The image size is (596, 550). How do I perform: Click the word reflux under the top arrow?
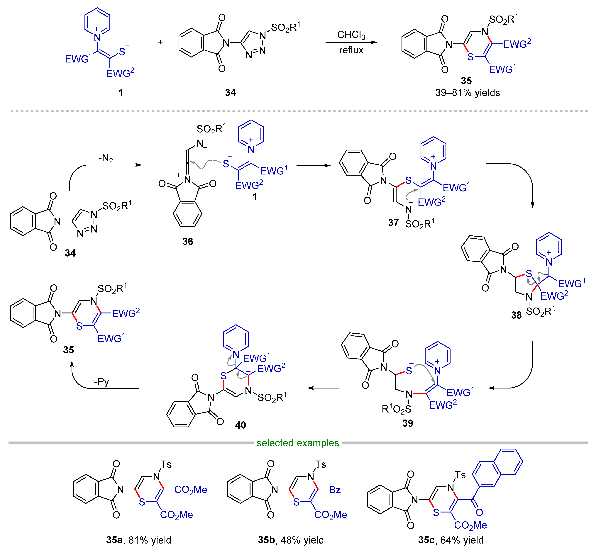(351, 50)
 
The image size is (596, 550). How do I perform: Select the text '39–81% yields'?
(467, 93)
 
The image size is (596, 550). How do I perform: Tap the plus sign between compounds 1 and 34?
(160, 42)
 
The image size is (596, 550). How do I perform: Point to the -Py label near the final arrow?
(101, 382)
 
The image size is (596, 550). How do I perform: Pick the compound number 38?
(516, 315)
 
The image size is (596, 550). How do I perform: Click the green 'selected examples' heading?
(298, 443)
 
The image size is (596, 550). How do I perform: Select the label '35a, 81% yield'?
(139, 540)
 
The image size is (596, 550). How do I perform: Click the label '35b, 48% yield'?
(291, 540)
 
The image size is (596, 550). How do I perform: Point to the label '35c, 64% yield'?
(451, 540)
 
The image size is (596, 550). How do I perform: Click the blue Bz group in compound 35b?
(335, 490)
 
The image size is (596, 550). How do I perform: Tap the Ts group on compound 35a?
(166, 464)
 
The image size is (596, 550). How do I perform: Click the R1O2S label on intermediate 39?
(396, 409)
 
